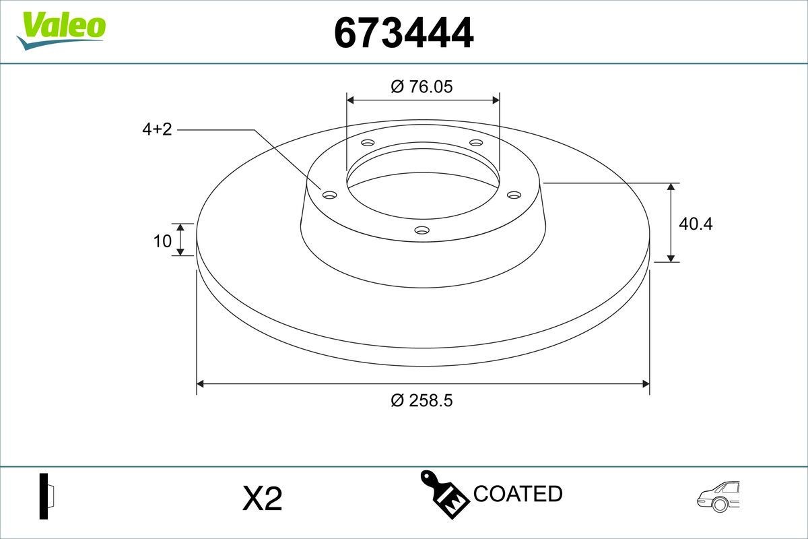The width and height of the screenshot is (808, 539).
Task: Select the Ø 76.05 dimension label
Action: pyautogui.click(x=422, y=87)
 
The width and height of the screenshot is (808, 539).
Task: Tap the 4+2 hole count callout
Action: pyautogui.click(x=157, y=129)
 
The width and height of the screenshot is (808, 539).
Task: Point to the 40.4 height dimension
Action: pyautogui.click(x=695, y=223)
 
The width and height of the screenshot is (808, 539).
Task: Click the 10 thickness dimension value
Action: pyautogui.click(x=162, y=241)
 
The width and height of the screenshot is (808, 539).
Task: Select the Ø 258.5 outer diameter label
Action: pyautogui.click(x=422, y=400)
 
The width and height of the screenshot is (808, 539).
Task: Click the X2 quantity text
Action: pyautogui.click(x=261, y=499)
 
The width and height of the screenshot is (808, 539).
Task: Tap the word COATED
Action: pyautogui.click(x=518, y=493)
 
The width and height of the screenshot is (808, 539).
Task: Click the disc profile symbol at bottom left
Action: pyautogui.click(x=45, y=497)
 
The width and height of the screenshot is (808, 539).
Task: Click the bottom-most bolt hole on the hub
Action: pyautogui.click(x=422, y=230)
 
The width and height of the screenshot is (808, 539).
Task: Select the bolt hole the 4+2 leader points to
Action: pyautogui.click(x=329, y=195)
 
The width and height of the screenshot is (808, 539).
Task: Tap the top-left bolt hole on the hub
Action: pyautogui.click(x=368, y=143)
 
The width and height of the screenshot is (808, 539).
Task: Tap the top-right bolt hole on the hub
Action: pyautogui.click(x=476, y=143)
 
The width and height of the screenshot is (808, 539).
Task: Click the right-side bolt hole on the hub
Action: pyautogui.click(x=514, y=195)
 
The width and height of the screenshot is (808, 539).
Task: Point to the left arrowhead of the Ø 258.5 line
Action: pyautogui.click(x=200, y=384)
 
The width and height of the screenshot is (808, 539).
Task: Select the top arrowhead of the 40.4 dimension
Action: pyautogui.click(x=671, y=187)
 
